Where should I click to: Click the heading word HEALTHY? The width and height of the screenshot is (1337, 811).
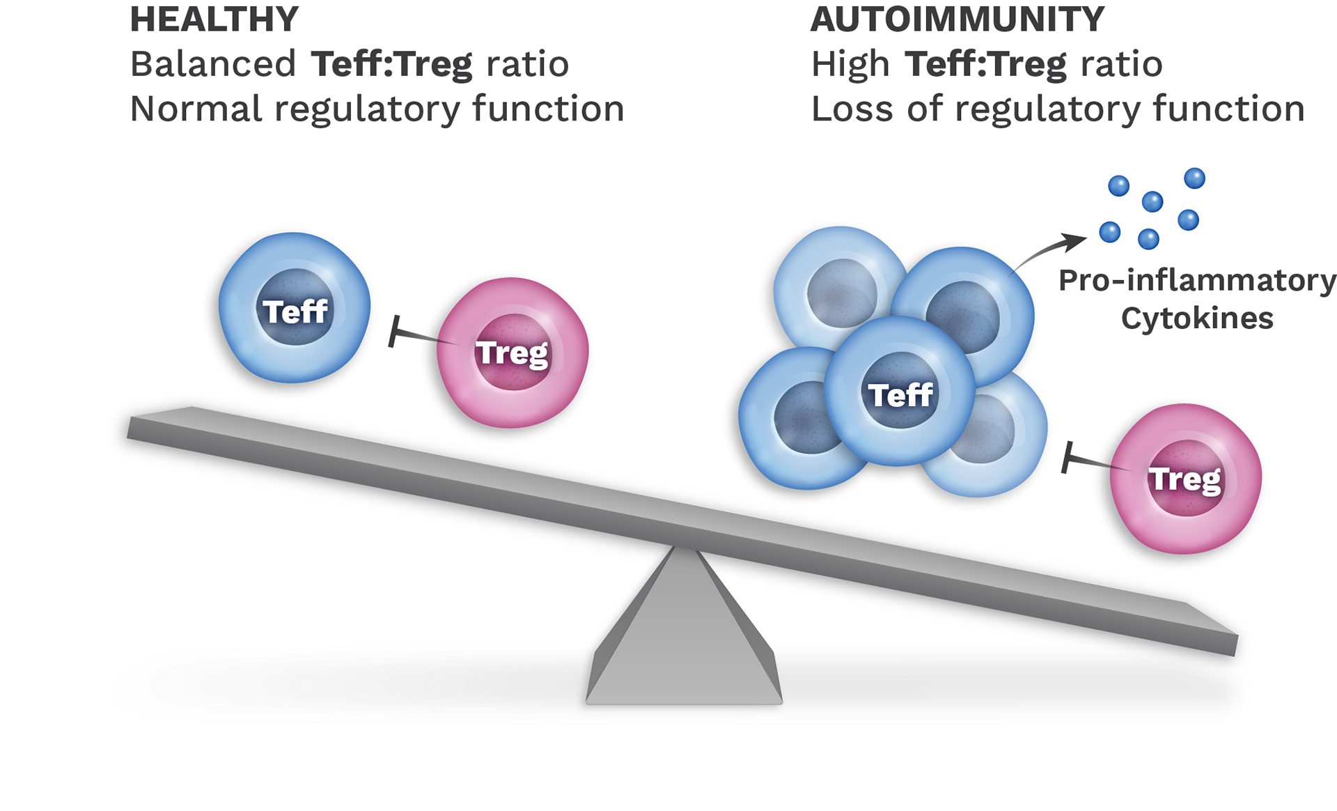[x=214, y=20]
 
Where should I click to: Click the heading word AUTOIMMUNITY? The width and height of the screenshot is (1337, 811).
[x=957, y=20]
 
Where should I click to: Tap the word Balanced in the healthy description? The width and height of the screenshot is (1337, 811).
[x=213, y=65]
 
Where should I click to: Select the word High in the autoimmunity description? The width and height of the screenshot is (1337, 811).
[x=850, y=65]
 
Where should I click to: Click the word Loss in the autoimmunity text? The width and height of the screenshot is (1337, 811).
[x=852, y=109]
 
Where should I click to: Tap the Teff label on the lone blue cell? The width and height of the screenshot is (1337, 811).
[x=295, y=311]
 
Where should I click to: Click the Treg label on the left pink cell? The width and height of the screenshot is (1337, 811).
[x=513, y=353]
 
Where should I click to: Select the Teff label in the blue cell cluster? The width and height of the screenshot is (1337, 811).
[x=900, y=395]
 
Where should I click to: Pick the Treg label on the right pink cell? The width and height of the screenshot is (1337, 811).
[x=1184, y=479]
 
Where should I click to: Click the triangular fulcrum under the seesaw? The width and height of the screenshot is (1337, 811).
[x=685, y=634]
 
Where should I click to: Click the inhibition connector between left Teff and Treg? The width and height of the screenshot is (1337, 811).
[x=421, y=335]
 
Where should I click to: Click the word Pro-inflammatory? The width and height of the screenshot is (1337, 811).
[x=1196, y=280]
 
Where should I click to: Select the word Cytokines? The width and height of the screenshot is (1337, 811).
[x=1196, y=319]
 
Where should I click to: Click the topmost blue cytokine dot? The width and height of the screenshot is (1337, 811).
[x=1194, y=178]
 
